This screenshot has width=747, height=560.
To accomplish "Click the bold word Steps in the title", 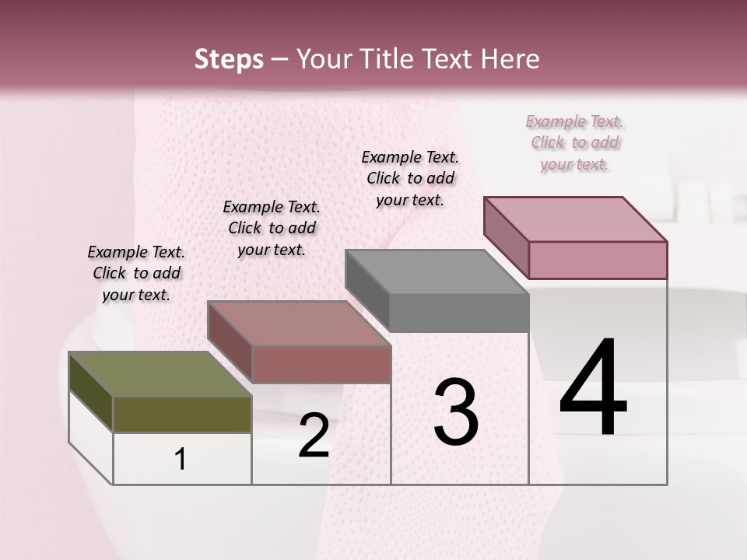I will tap(229, 59).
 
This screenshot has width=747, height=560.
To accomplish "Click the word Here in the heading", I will tap(510, 59).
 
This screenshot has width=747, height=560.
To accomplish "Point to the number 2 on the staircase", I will tap(314, 436).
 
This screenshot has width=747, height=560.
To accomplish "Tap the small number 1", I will tap(181, 459).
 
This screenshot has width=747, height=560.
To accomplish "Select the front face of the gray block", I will tap(458, 313).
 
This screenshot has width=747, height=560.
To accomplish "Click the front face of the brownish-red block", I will tap(321, 364).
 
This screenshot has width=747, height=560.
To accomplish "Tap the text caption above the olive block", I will tap(136, 273).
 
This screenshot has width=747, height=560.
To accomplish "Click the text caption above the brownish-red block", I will tap(272, 228).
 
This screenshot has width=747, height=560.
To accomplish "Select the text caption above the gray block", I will tap(410, 178).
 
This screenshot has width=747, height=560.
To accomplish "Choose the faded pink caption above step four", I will tap(575, 143).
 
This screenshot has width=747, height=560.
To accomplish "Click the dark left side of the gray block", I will tap(366, 288).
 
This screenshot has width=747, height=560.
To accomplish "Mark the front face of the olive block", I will tap(182, 414).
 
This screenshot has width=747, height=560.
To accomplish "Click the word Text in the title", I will tap(451, 59).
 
